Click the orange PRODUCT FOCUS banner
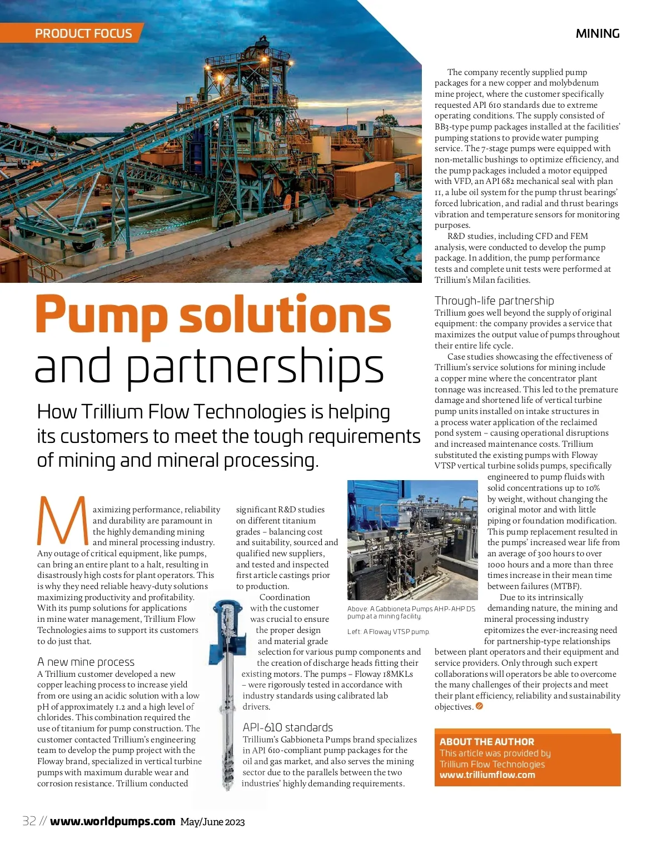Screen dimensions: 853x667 83,33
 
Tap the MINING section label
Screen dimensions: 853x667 598,33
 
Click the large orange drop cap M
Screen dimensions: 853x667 62,521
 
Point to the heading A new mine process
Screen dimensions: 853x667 86,662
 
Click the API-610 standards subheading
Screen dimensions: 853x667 287,727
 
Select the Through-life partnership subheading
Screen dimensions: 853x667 494,301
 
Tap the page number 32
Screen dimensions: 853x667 29,821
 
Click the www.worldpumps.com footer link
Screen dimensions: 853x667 112,821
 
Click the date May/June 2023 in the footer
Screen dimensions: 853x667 212,822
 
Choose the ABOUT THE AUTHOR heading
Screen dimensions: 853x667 486,741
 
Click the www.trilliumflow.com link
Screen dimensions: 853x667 487,775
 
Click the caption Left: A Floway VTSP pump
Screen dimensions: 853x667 388,632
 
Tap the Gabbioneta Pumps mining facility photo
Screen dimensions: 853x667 412,540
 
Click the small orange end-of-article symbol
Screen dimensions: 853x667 479,706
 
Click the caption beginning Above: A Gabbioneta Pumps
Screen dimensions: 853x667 411,612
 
